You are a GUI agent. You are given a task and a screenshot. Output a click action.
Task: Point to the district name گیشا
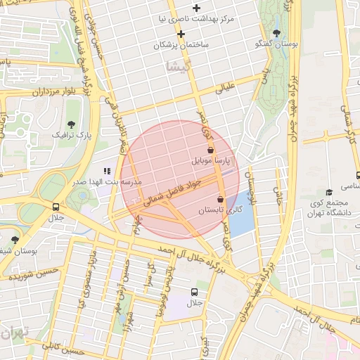click(x=178, y=66)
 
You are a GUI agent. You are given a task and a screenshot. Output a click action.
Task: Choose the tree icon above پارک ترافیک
click(x=71, y=124)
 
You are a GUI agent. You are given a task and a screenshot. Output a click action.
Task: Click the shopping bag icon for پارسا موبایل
click(x=210, y=150)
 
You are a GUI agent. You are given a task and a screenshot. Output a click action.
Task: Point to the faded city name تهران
click(x=13, y=330)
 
